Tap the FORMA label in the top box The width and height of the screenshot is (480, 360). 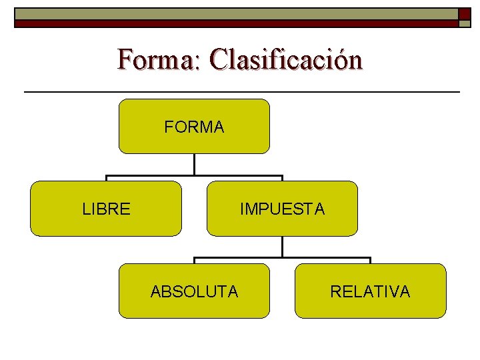[194, 127]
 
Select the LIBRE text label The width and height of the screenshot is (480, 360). [106, 209]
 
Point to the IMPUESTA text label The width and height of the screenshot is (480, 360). [282, 209]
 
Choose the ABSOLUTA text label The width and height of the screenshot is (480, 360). [194, 291]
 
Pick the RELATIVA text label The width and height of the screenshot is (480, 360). [370, 291]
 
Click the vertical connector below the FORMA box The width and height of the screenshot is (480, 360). [194, 165]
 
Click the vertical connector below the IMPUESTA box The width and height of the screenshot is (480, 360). [282, 247]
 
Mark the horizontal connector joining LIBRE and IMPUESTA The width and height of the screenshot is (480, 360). [194, 177]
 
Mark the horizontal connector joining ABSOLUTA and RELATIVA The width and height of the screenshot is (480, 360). [282, 259]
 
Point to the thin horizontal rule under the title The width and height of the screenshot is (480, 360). [241, 91]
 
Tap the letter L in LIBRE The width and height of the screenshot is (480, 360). [86, 209]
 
